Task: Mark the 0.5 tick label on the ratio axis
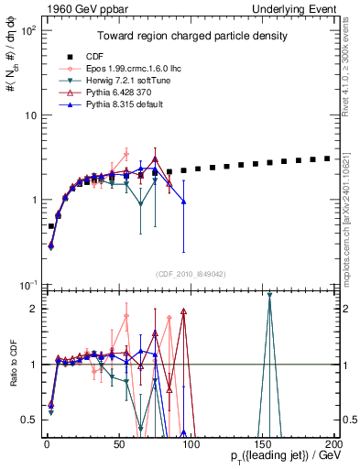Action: point(27,420)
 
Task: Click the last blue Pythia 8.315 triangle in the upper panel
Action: point(184,202)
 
